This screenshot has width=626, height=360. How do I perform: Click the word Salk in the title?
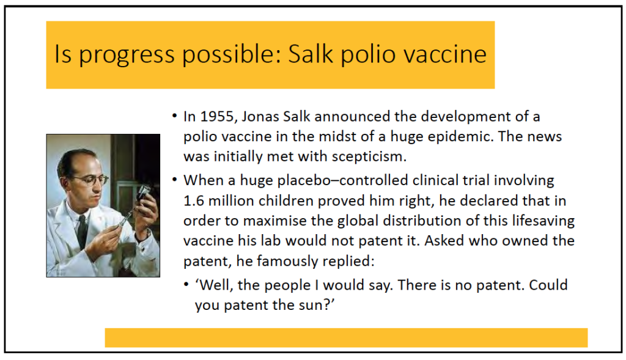tap(311, 54)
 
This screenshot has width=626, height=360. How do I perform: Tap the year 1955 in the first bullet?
tap(217, 117)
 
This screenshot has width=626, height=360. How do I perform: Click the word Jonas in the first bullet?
tap(260, 117)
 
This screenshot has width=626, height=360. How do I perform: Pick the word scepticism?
tap(369, 157)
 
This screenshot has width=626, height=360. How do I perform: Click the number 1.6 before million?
tap(193, 200)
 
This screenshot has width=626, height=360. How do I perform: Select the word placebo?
tap(304, 181)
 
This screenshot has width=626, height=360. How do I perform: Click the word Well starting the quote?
tap(215, 285)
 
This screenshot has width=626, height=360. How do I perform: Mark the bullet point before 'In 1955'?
tap(174, 116)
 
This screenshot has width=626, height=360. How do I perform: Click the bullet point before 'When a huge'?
tap(174, 180)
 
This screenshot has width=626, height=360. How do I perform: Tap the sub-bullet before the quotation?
tap(186, 285)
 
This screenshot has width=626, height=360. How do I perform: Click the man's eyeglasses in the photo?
tap(90, 180)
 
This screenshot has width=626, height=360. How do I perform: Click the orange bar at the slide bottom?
tap(346, 337)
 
